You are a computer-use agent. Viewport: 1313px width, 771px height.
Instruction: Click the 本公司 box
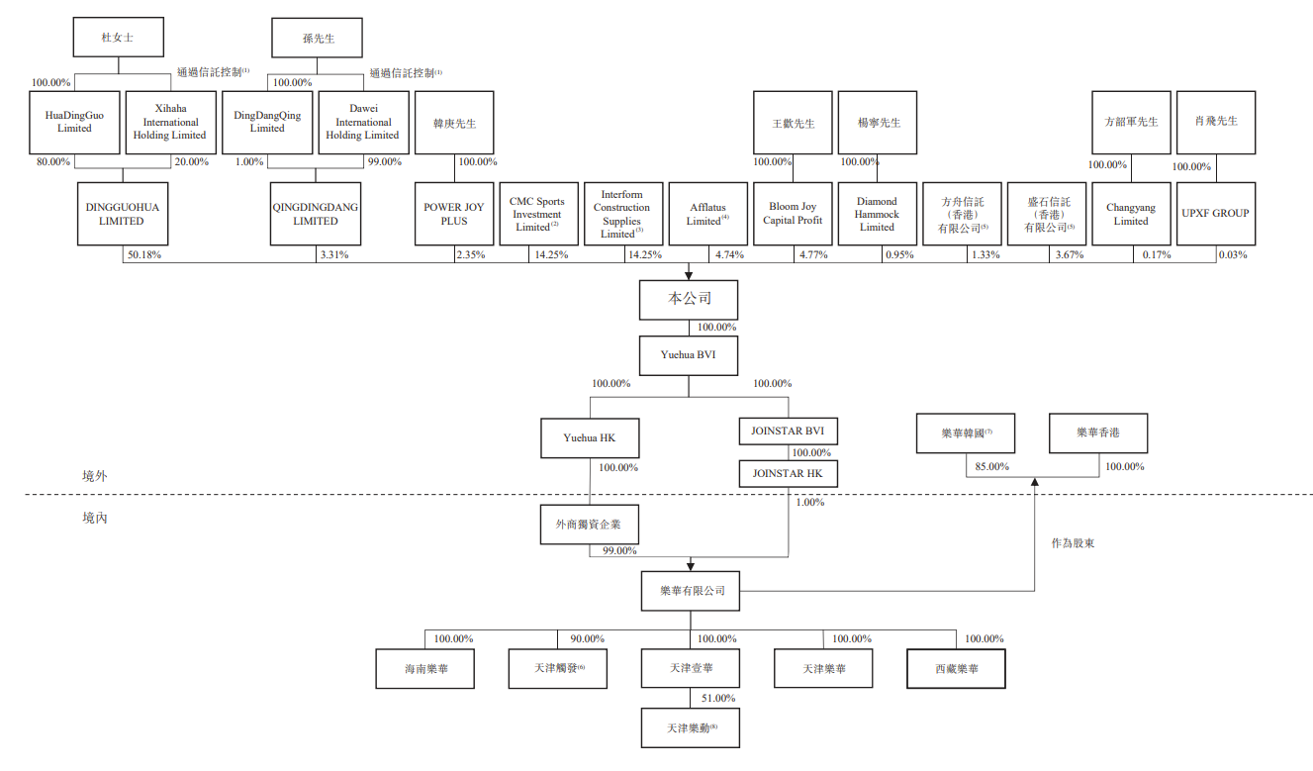pos(689,299)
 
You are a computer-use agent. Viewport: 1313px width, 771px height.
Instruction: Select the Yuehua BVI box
pos(689,353)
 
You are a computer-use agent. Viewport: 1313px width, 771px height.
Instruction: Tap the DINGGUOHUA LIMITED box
pos(121,214)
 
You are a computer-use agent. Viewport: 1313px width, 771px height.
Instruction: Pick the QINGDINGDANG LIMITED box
pos(316,214)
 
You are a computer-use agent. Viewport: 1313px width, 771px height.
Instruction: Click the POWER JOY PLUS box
pos(454,214)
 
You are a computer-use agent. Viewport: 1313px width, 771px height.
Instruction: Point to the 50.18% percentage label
pos(143,255)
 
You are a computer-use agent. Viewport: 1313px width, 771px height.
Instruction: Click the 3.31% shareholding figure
pos(333,255)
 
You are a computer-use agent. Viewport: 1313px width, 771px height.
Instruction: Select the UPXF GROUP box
pos(1215,214)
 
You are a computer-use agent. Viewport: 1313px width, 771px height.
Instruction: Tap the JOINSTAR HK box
pos(788,474)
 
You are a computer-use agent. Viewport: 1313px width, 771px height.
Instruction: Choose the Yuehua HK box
pos(589,438)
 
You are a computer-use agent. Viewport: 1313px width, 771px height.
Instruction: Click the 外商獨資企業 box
pos(589,525)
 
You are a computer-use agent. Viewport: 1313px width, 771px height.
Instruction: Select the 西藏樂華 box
pos(956,669)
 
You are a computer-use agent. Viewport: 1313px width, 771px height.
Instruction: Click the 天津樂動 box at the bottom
pos(690,727)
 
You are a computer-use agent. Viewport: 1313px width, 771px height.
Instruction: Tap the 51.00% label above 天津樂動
pos(717,698)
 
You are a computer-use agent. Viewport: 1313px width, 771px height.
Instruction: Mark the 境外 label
pos(95,476)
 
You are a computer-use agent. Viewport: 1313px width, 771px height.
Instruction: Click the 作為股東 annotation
pos(1073,543)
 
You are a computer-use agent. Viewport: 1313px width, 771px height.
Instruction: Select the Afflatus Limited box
pos(707,214)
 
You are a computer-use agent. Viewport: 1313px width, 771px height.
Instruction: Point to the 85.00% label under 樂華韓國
pos(991,466)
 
